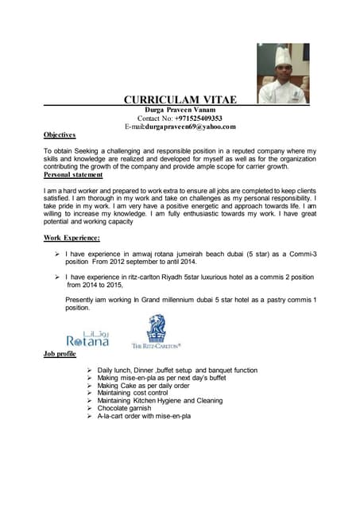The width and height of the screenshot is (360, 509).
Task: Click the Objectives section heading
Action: coord(60,135)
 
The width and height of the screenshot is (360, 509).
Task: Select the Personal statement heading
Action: coord(78,174)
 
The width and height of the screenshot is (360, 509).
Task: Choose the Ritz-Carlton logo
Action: coord(157,331)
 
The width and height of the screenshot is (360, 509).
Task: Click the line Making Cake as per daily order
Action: coord(145,386)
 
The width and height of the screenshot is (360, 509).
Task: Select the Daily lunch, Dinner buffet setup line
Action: coord(177,371)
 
